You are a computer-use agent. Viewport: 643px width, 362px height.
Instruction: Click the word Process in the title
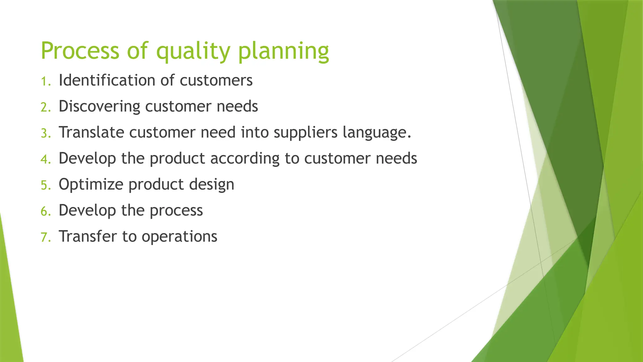(80, 51)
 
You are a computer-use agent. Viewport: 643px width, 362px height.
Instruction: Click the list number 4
(45, 160)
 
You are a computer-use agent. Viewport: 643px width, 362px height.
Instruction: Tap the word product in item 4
(177, 159)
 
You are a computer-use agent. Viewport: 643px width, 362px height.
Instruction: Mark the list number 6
(45, 212)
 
